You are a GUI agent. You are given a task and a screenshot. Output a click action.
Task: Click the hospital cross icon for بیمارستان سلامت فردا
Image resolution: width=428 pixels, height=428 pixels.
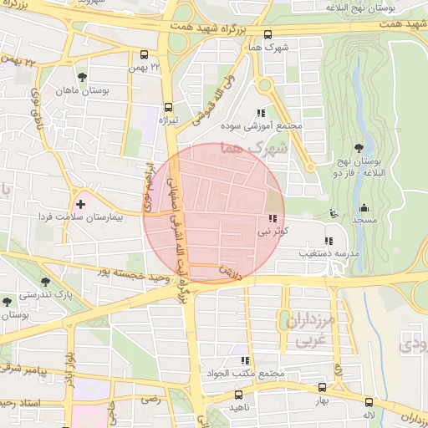[x=80, y=203]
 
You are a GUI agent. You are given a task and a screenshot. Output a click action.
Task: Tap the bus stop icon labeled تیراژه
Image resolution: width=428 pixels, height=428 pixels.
[x=168, y=107]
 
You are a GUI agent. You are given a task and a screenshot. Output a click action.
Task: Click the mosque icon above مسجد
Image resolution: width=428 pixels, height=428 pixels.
[x=363, y=208]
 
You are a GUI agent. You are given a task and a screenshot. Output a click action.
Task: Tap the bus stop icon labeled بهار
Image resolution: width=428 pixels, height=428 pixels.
[x=322, y=387]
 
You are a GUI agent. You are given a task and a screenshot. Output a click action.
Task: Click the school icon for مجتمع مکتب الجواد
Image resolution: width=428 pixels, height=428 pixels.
[x=244, y=359]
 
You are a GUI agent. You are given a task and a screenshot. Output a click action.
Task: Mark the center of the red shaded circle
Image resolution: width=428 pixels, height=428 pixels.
[x=214, y=214]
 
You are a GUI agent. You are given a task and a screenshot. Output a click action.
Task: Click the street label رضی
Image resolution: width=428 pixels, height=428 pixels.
[x=150, y=400]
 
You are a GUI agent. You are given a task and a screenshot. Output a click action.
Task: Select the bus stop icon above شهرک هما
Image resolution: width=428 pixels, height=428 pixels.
[x=267, y=35]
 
